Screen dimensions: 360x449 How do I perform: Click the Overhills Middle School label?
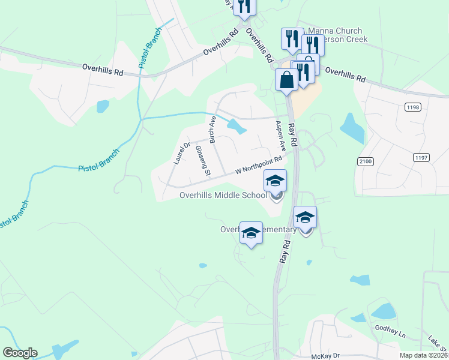[223, 195]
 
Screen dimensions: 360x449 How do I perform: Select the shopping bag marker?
[286, 79]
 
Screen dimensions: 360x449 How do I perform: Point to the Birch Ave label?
[212, 129]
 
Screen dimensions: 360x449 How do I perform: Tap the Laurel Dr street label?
[181, 152]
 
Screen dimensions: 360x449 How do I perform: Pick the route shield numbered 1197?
[421, 157]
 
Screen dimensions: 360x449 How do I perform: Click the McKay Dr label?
[326, 356]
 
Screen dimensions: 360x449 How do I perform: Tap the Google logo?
[20, 353]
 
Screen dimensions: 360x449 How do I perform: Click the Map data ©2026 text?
[423, 355]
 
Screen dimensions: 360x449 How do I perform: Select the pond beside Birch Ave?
[237, 127]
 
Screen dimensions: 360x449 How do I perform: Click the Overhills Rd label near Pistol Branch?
[103, 70]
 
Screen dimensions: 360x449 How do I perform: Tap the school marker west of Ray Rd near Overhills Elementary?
[251, 233]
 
